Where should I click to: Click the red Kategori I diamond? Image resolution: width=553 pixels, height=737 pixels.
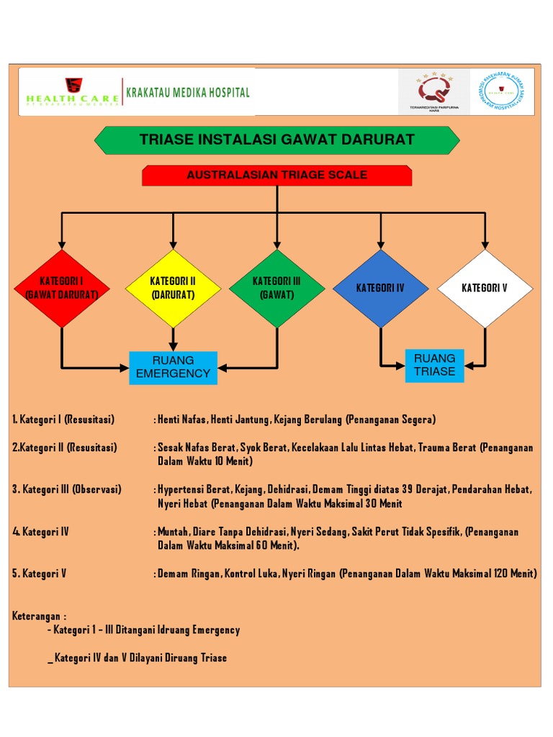(x=62, y=288)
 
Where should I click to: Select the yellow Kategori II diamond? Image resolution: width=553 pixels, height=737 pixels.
(x=173, y=288)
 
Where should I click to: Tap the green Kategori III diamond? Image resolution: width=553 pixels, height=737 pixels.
(x=276, y=288)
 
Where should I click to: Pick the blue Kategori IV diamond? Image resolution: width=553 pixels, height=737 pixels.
(x=380, y=288)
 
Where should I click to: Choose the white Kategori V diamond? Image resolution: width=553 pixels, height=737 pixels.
(x=485, y=288)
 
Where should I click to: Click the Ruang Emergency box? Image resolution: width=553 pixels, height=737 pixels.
(x=173, y=367)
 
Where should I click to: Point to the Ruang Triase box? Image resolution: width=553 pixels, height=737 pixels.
(x=434, y=365)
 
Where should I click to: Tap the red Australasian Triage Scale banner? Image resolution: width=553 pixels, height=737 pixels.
(x=277, y=175)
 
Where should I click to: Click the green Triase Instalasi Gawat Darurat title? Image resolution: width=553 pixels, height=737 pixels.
(x=277, y=140)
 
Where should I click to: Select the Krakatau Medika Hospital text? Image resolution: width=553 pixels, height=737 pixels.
(x=188, y=92)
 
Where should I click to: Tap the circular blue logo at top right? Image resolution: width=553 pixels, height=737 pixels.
(x=503, y=91)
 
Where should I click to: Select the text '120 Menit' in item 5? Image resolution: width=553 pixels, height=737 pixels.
(x=514, y=574)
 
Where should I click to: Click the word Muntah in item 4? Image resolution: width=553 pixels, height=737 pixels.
(x=174, y=532)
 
